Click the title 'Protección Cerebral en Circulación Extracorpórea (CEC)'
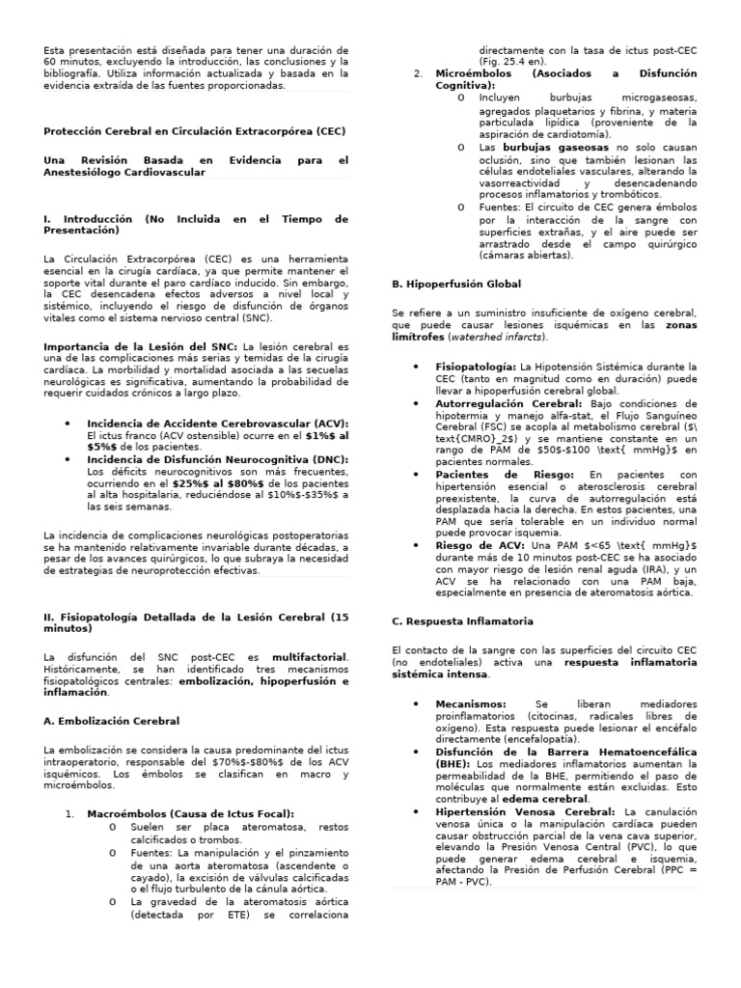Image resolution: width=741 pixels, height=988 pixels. tap(195, 131)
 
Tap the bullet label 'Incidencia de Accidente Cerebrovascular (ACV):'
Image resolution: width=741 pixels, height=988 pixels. tap(217, 424)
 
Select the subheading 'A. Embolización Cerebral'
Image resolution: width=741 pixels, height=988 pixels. tap(112, 720)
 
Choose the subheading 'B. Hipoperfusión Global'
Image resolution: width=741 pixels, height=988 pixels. tap(455, 285)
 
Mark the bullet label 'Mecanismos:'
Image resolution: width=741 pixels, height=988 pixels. tap(470, 704)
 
